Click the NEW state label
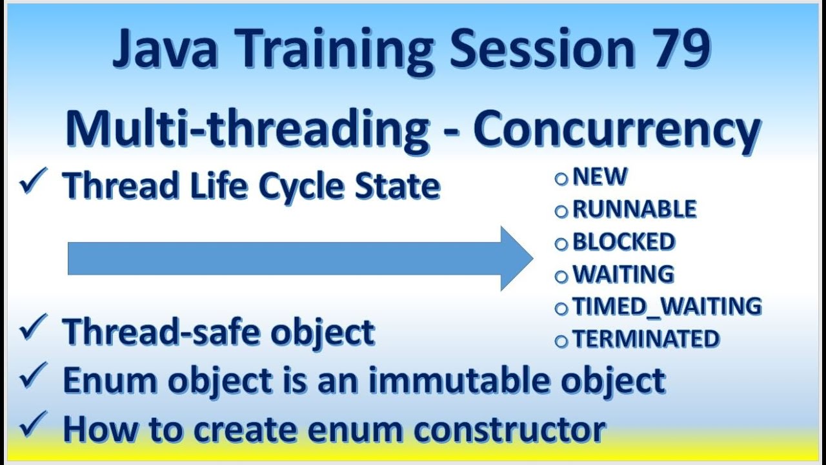pyautogui.click(x=599, y=177)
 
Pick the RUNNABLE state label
pyautogui.click(x=634, y=209)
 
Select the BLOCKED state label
pyautogui.click(x=623, y=242)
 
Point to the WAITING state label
pyautogui.click(x=623, y=274)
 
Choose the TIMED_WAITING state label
pyautogui.click(x=667, y=306)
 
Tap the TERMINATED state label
pyautogui.click(x=645, y=338)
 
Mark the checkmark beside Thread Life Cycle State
pyautogui.click(x=33, y=183)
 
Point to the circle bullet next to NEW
pyautogui.click(x=561, y=179)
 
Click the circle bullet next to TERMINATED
pyautogui.click(x=561, y=340)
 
